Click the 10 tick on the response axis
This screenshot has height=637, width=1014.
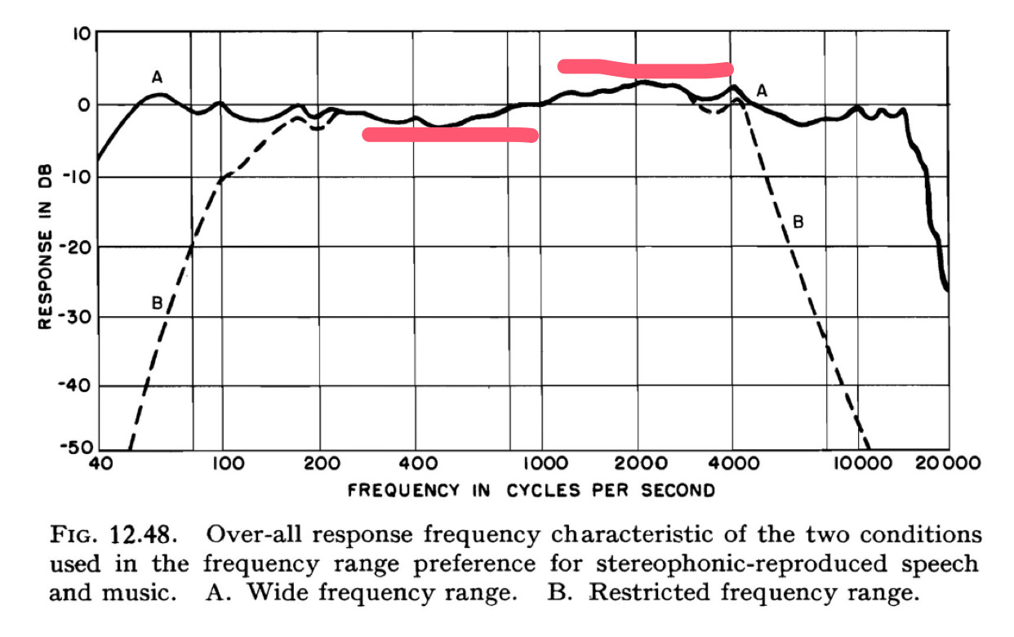point(79,35)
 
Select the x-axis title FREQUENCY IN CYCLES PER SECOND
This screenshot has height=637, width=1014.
point(531,491)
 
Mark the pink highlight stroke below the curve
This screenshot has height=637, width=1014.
point(450,135)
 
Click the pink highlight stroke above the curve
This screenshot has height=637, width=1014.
point(645,69)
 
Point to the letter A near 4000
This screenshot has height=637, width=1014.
point(763,91)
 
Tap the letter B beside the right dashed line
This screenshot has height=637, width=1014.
point(798,221)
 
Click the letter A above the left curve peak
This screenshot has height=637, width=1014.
point(158,78)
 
